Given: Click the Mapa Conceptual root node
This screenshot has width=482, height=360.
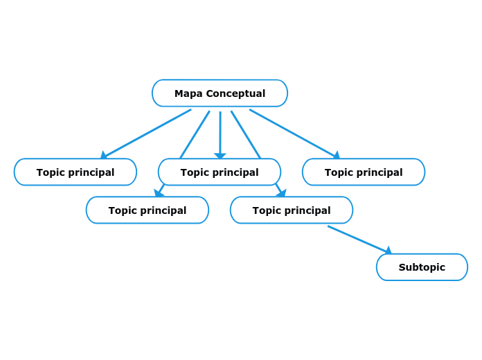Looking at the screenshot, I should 220,93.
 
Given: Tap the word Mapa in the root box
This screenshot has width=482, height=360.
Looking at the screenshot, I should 188,93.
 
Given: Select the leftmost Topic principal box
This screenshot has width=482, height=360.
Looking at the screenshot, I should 75,172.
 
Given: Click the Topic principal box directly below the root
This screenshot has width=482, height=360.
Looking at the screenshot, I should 220,172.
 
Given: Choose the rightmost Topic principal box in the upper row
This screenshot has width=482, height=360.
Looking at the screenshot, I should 364,172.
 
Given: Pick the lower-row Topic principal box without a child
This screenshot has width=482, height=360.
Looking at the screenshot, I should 148,210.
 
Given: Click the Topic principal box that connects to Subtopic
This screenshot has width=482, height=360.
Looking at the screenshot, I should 292,210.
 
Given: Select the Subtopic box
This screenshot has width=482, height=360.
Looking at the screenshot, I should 422,267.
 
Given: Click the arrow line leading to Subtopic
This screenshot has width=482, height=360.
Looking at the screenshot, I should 357,238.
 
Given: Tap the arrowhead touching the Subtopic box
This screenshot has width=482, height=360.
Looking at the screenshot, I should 389,251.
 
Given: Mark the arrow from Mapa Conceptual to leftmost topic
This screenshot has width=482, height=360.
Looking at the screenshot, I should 148,133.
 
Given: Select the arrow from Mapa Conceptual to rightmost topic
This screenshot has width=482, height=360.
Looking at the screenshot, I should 293,133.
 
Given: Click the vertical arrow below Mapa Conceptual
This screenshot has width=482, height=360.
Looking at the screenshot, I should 220,132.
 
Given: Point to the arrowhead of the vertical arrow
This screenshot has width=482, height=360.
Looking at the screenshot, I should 220,156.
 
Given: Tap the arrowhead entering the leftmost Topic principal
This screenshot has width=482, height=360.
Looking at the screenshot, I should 104,156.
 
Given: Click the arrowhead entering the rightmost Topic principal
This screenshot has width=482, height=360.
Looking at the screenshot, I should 337,156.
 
